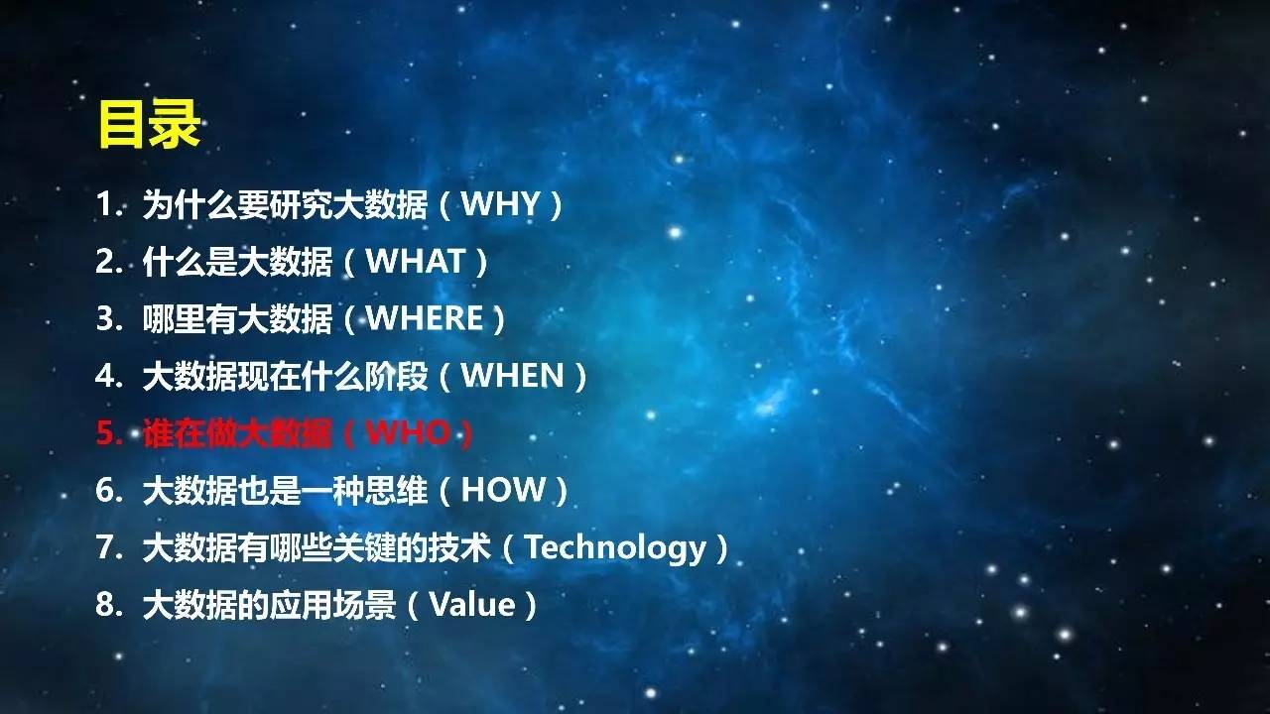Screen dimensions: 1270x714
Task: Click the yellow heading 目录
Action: click(x=150, y=124)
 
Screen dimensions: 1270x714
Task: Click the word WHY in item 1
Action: click(x=500, y=203)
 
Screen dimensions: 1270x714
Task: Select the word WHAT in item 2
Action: click(x=416, y=261)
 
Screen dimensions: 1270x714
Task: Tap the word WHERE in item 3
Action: click(x=425, y=318)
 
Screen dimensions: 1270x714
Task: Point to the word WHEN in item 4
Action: click(x=513, y=376)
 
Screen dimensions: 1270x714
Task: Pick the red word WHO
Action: click(x=408, y=433)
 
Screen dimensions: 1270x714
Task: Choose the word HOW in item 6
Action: click(x=503, y=490)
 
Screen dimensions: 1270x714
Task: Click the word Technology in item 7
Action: click(x=616, y=548)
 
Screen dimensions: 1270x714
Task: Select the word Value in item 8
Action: click(x=472, y=605)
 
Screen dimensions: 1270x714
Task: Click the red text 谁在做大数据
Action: click(x=237, y=433)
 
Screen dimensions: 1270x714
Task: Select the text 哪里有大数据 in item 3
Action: click(x=237, y=318)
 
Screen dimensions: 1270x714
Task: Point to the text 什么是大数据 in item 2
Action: click(x=237, y=261)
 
